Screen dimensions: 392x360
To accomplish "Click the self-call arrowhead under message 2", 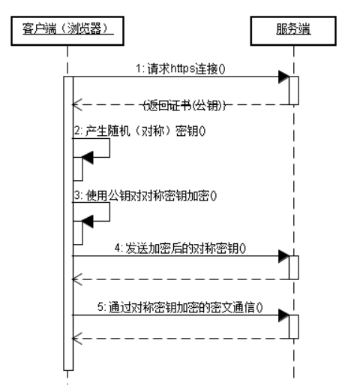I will click(x=88, y=156).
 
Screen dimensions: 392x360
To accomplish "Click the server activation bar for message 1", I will click(x=294, y=89).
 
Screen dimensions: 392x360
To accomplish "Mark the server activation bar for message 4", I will click(x=294, y=267).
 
